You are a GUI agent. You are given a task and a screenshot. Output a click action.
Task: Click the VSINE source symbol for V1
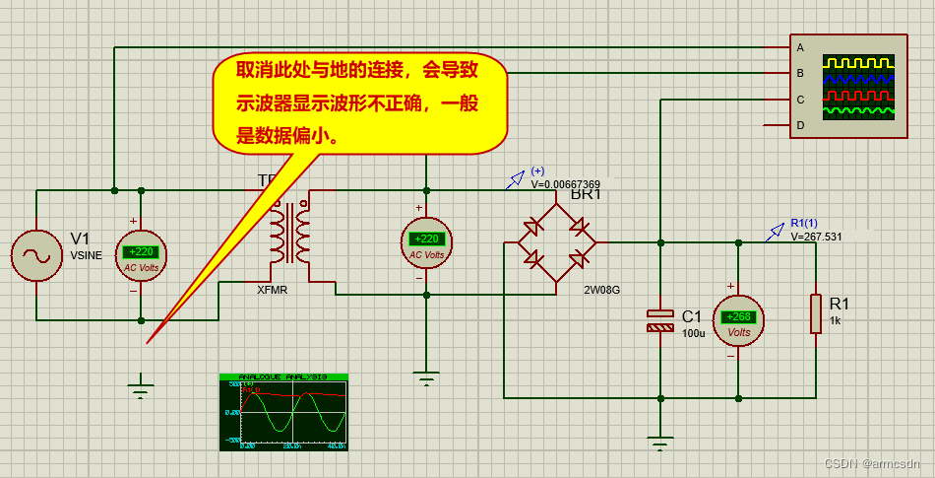click(x=36, y=256)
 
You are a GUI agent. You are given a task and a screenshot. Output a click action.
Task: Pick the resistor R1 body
click(x=816, y=312)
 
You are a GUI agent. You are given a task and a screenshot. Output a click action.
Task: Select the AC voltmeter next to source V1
click(x=142, y=255)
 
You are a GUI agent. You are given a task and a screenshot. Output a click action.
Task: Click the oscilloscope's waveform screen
click(x=858, y=87)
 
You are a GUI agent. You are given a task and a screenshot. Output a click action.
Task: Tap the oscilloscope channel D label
click(x=800, y=125)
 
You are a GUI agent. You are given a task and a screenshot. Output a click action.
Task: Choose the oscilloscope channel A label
click(x=800, y=47)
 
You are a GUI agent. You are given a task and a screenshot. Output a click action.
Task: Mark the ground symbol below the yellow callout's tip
click(x=142, y=390)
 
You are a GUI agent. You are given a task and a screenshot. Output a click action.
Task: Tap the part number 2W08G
click(x=601, y=290)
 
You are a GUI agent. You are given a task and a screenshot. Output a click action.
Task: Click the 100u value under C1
click(x=693, y=333)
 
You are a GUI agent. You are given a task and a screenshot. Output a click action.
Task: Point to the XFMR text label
click(x=273, y=290)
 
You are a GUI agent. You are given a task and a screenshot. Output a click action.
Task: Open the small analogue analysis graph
click(x=283, y=412)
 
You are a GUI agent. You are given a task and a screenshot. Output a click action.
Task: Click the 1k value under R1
click(x=835, y=321)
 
